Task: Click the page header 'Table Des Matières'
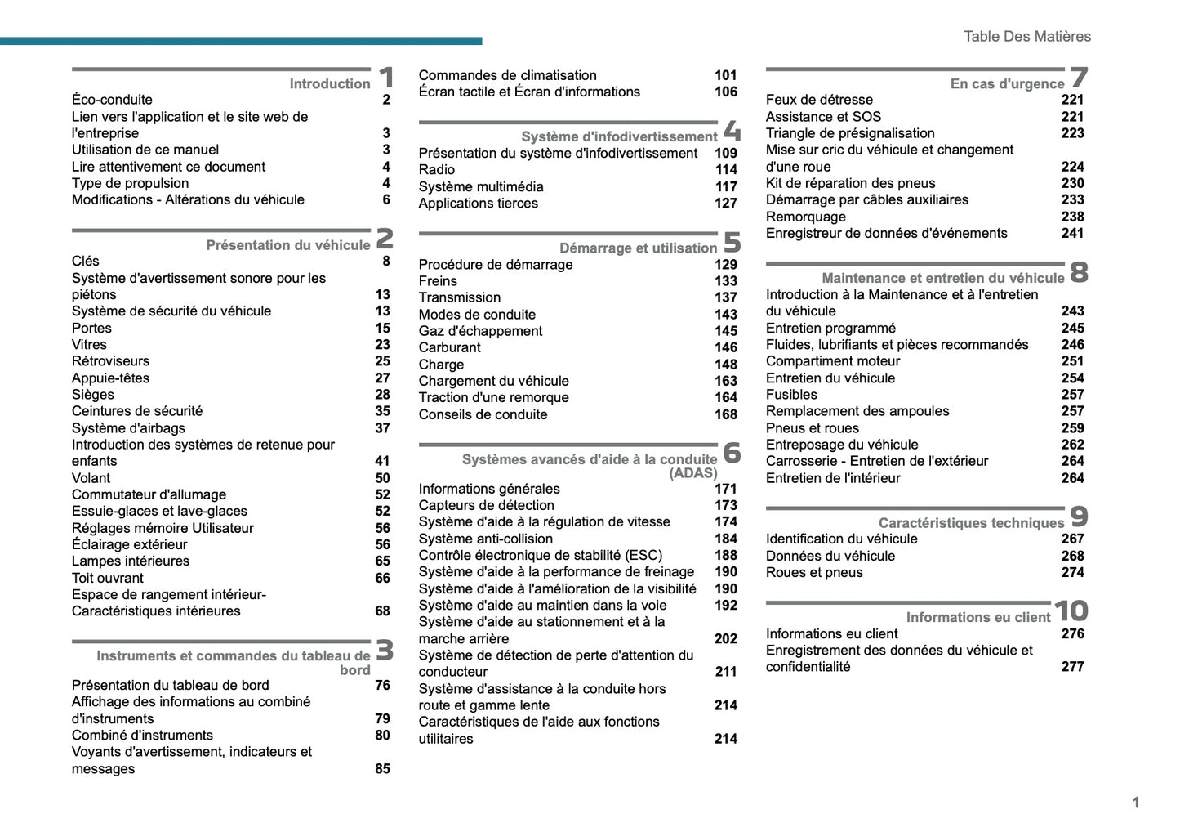coord(1026,36)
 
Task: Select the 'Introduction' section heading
coord(329,83)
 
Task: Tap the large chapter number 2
coord(385,238)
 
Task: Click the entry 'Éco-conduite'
coord(112,100)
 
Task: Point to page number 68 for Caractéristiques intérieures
coord(382,611)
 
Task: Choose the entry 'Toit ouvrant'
coord(108,578)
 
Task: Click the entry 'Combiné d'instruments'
coord(142,735)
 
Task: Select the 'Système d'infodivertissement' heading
coord(619,136)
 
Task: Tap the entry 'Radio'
coord(437,169)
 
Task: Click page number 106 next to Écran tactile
coord(725,92)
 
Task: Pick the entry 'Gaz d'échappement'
coord(480,331)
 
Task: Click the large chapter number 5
coord(732,242)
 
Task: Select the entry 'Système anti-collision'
coord(486,539)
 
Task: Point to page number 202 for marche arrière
coord(725,638)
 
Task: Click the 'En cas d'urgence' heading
coord(1007,83)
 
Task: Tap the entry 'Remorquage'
coord(805,217)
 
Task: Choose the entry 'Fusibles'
coord(791,394)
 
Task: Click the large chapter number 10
coord(1071,611)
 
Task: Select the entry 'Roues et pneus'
coord(814,572)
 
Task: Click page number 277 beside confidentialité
coord(1072,666)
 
